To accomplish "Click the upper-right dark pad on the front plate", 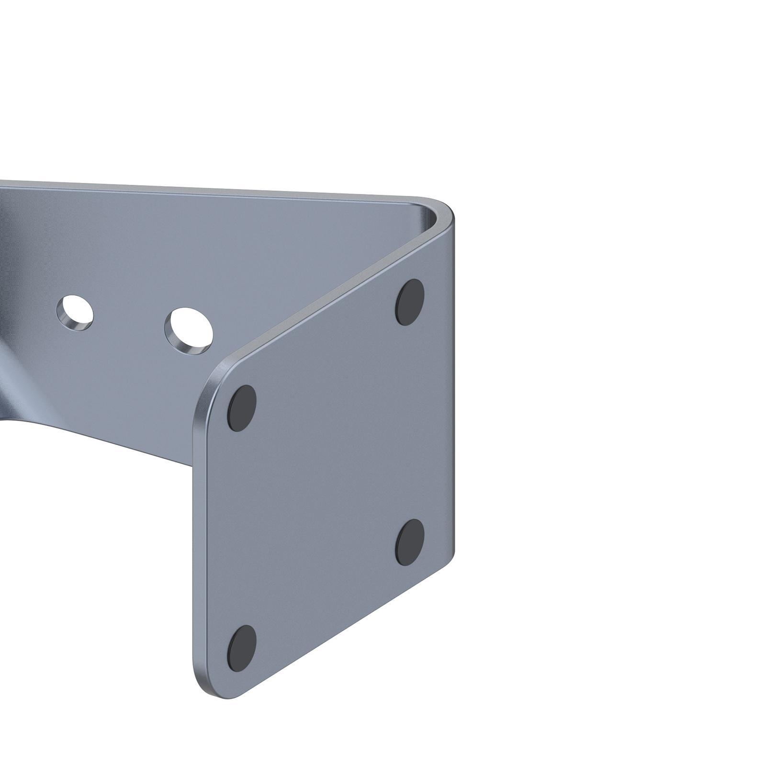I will point(410,302).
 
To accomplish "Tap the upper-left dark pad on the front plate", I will point(242,408).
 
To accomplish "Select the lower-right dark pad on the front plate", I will point(410,542).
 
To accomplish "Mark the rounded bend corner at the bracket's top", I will point(443,211).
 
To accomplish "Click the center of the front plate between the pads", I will point(326,474).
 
